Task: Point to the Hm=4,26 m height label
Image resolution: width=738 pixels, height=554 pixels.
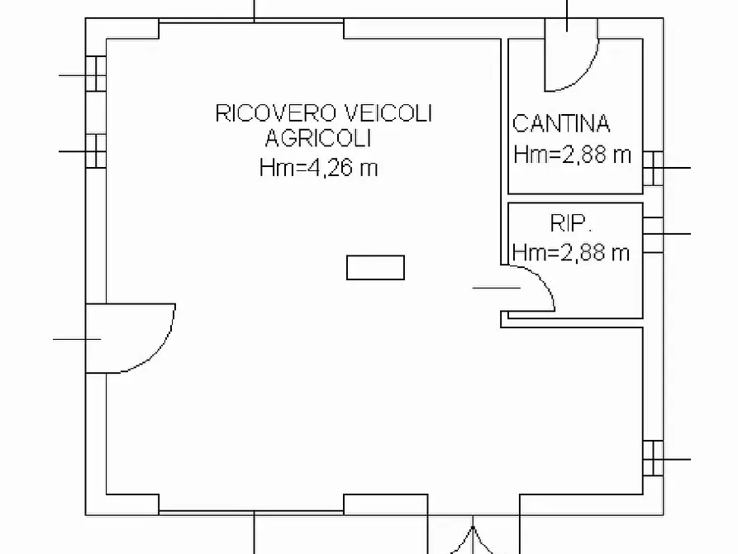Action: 318,168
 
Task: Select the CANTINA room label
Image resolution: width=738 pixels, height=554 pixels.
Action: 561,124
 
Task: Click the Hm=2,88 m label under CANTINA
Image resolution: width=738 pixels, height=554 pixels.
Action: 572,155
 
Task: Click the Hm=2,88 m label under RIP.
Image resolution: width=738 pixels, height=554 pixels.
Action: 571,253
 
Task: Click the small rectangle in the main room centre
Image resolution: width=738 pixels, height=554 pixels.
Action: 375,268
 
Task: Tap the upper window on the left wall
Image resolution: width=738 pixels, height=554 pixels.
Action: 97,74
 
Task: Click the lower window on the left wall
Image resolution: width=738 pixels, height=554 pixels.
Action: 97,151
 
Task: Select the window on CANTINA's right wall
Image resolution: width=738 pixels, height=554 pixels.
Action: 653,168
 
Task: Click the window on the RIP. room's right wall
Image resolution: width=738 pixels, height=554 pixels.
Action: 653,234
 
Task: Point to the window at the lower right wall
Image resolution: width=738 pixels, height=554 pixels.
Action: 653,458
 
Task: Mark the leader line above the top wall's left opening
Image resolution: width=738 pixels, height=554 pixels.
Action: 254,10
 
